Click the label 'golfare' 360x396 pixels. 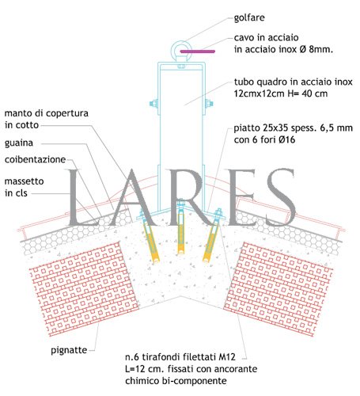pyautogui.click(x=249, y=17)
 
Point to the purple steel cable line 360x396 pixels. pyautogui.click(x=198, y=51)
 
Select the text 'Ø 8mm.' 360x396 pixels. pyautogui.click(x=316, y=49)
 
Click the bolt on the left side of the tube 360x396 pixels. pyautogui.click(x=153, y=103)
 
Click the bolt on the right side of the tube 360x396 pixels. pyautogui.click(x=208, y=103)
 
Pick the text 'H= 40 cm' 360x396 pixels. pyautogui.click(x=308, y=93)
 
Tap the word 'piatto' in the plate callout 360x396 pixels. pyautogui.click(x=247, y=128)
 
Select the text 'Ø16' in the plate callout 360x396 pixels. pyautogui.click(x=286, y=139)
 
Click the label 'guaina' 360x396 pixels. pyautogui.click(x=19, y=143)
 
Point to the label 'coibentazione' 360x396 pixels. pyautogui.click(x=35, y=159)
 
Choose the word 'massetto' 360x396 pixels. pyautogui.click(x=24, y=181)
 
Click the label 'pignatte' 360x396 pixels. pyautogui.click(x=69, y=350)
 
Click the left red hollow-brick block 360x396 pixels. pyautogui.click(x=84, y=289)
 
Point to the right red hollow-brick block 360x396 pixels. pyautogui.click(x=278, y=289)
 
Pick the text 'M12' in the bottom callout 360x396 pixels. pyautogui.click(x=227, y=357)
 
